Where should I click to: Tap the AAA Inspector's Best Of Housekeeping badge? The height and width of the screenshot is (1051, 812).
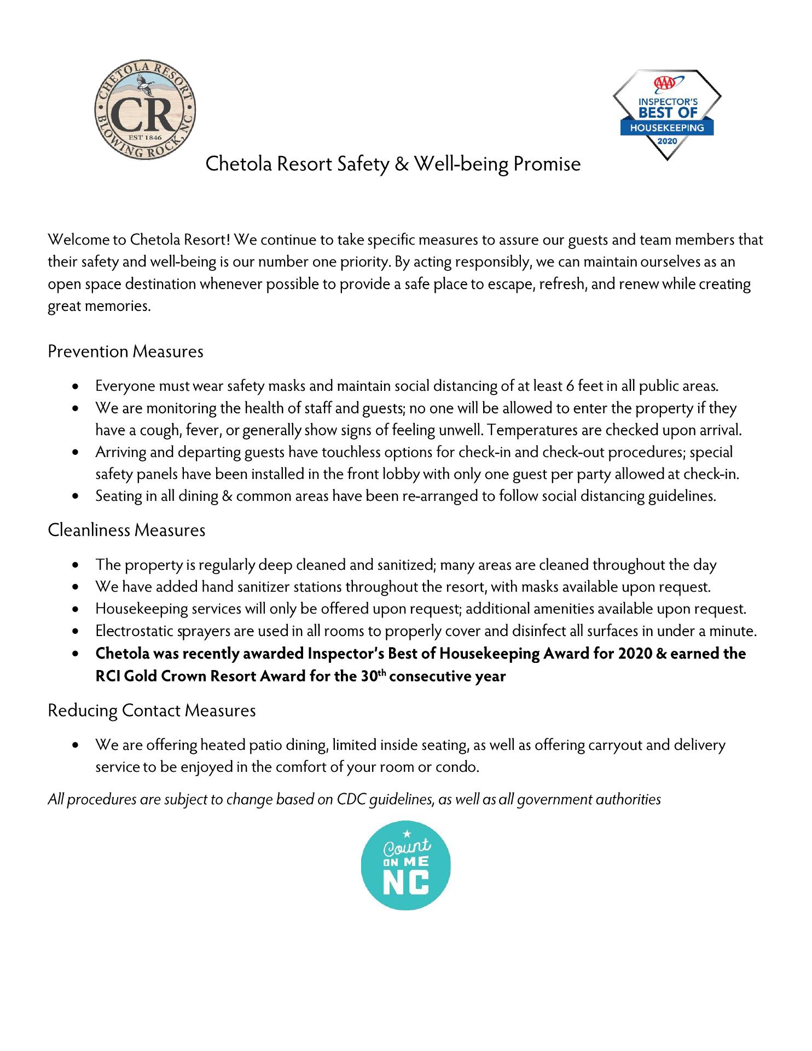click(x=666, y=114)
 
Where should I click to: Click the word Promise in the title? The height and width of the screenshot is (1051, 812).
click(x=547, y=164)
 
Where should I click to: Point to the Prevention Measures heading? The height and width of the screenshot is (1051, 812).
click(x=125, y=351)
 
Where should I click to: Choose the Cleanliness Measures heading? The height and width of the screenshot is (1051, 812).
click(x=126, y=530)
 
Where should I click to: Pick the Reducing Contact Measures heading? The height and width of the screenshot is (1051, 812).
click(x=152, y=711)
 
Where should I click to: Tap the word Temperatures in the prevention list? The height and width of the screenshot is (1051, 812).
click(x=532, y=430)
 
